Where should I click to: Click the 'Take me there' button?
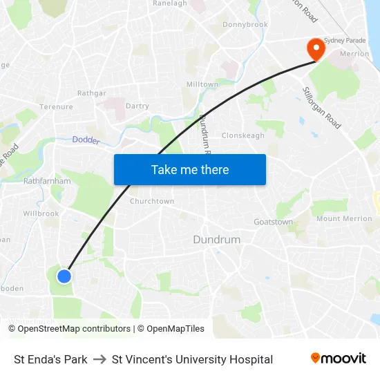click(x=190, y=169)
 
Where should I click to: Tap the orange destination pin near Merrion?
click(x=316, y=49)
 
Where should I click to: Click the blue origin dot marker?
click(x=64, y=276)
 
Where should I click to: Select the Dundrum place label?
click(x=217, y=240)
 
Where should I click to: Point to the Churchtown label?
click(x=152, y=201)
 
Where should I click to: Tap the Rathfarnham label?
click(x=48, y=181)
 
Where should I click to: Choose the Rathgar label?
click(x=92, y=93)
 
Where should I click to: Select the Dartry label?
click(x=137, y=106)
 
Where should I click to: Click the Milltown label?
click(x=202, y=84)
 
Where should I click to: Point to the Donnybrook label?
click(x=245, y=25)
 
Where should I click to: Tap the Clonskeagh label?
click(x=243, y=135)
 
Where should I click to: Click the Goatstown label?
click(x=273, y=222)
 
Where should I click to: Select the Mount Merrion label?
click(x=344, y=219)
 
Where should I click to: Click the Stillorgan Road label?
click(x=321, y=108)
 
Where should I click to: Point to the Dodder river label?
click(x=86, y=140)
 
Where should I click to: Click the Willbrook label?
click(x=41, y=214)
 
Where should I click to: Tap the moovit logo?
click(x=339, y=358)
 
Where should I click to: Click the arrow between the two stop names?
click(x=99, y=359)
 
